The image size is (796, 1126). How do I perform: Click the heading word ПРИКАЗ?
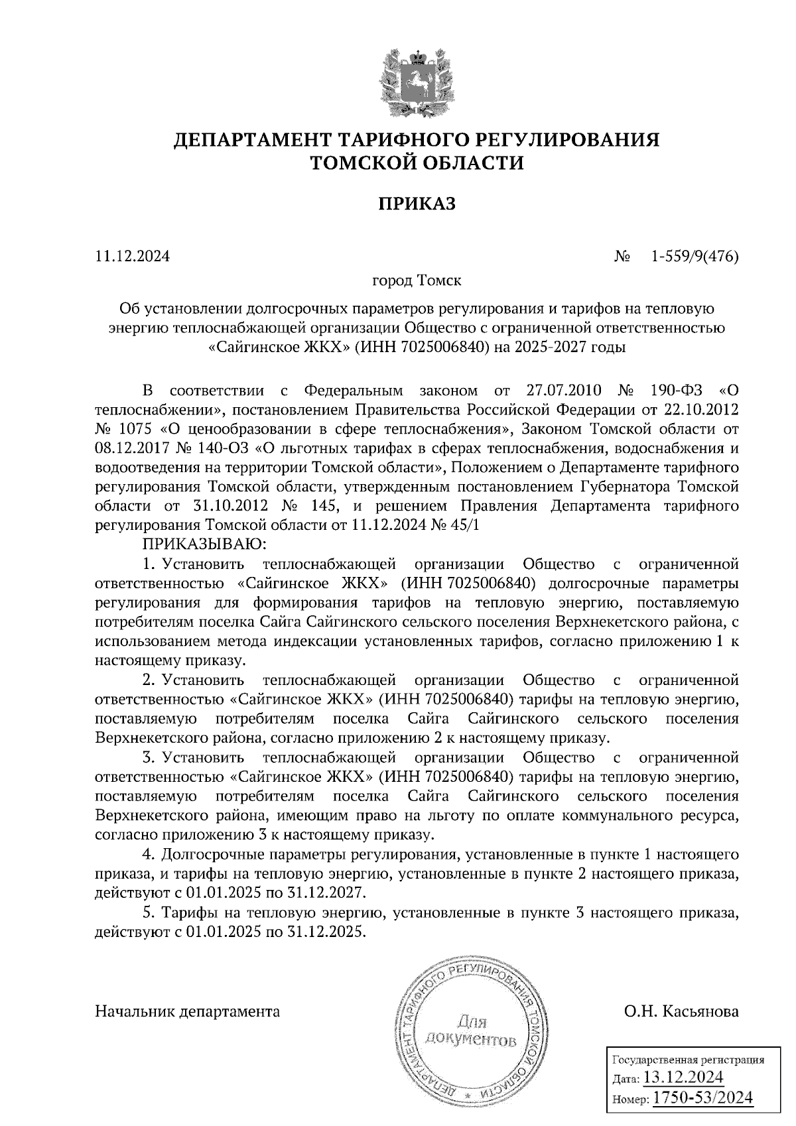point(417,204)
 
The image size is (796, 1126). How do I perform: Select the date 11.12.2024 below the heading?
point(133,256)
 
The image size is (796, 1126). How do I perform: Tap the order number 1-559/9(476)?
point(695,256)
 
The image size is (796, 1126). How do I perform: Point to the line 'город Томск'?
point(417,281)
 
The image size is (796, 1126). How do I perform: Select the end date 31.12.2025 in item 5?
point(327,931)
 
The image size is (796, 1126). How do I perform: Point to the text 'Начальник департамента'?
point(188,1012)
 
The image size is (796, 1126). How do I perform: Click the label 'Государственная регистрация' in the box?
point(687,1060)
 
